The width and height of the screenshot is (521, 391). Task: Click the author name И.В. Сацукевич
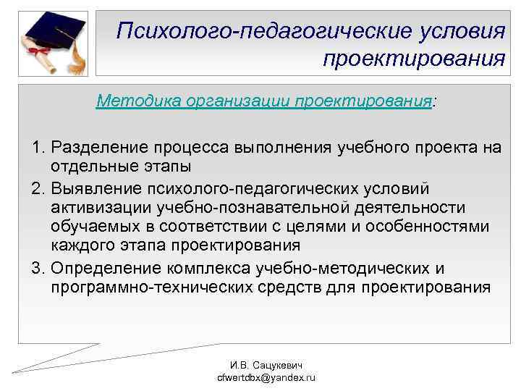(261, 367)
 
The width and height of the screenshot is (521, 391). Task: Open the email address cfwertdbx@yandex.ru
(261, 379)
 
